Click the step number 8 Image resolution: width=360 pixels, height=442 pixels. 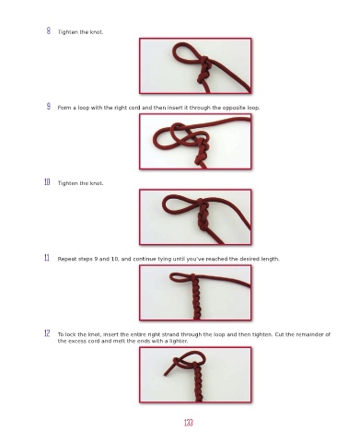click(x=49, y=30)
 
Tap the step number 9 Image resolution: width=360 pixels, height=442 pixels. click(x=49, y=107)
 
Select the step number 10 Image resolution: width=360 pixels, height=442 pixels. click(x=47, y=182)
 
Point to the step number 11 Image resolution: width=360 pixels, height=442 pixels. click(x=47, y=258)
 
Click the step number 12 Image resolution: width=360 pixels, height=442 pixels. click(x=47, y=333)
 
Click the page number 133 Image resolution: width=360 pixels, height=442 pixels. click(x=189, y=423)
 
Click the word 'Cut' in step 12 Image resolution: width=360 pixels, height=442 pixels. click(x=280, y=334)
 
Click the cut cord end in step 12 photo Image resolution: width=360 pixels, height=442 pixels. click(x=166, y=374)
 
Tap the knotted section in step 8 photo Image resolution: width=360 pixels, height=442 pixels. click(x=203, y=69)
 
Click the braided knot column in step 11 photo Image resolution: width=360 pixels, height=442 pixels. click(x=196, y=298)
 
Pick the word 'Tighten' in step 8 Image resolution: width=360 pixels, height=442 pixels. click(x=67, y=32)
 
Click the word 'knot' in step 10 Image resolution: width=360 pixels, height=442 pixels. click(x=96, y=183)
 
